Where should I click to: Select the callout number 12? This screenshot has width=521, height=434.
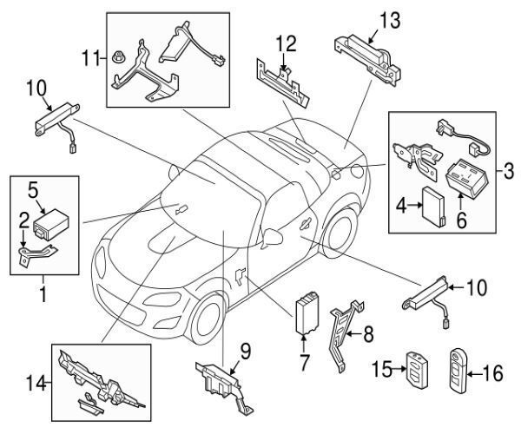click(286, 43)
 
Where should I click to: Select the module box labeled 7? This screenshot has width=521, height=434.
click(308, 314)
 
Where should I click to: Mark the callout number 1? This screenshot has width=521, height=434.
click(41, 296)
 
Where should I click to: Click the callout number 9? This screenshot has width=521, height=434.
click(244, 352)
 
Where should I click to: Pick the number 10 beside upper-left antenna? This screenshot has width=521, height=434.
click(35, 87)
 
